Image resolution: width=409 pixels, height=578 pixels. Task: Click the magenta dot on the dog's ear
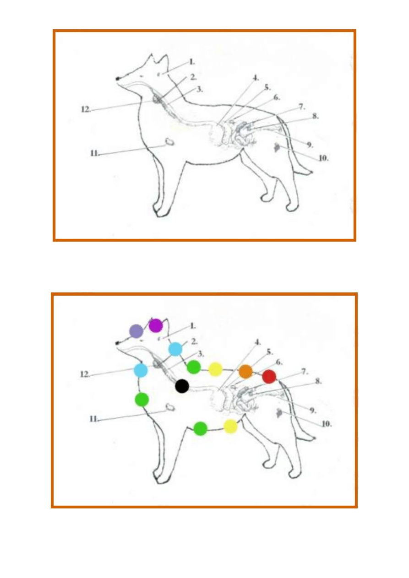pos(156,325)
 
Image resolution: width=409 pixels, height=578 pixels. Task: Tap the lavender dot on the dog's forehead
pos(136,331)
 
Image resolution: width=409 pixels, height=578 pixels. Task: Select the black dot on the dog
pos(182,386)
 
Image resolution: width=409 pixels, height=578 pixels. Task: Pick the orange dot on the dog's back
pos(245,372)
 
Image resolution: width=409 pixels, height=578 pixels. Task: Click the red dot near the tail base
pos(269,377)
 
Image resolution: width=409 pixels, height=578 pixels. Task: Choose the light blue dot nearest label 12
pos(141,370)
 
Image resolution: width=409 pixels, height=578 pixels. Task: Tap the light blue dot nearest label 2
pos(175,349)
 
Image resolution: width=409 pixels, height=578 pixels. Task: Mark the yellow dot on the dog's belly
pos(230,426)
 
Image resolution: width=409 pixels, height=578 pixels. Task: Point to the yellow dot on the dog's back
pos(215,369)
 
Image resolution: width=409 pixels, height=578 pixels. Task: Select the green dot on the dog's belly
pos(200,429)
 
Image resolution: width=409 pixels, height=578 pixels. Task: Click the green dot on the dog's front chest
pos(142,400)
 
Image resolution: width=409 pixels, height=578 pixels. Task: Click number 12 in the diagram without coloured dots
pos(86,109)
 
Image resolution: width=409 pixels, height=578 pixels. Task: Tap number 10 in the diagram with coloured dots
pos(327,424)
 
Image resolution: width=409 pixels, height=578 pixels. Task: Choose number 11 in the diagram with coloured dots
pos(94,419)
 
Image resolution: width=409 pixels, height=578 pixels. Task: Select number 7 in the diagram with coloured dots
pos(305,372)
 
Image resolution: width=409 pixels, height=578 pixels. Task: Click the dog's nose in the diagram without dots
pos(118,78)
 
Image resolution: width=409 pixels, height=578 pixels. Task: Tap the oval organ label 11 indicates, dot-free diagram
pos(169,141)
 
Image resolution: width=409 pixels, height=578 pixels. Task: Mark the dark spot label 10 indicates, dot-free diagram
pos(277,147)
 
